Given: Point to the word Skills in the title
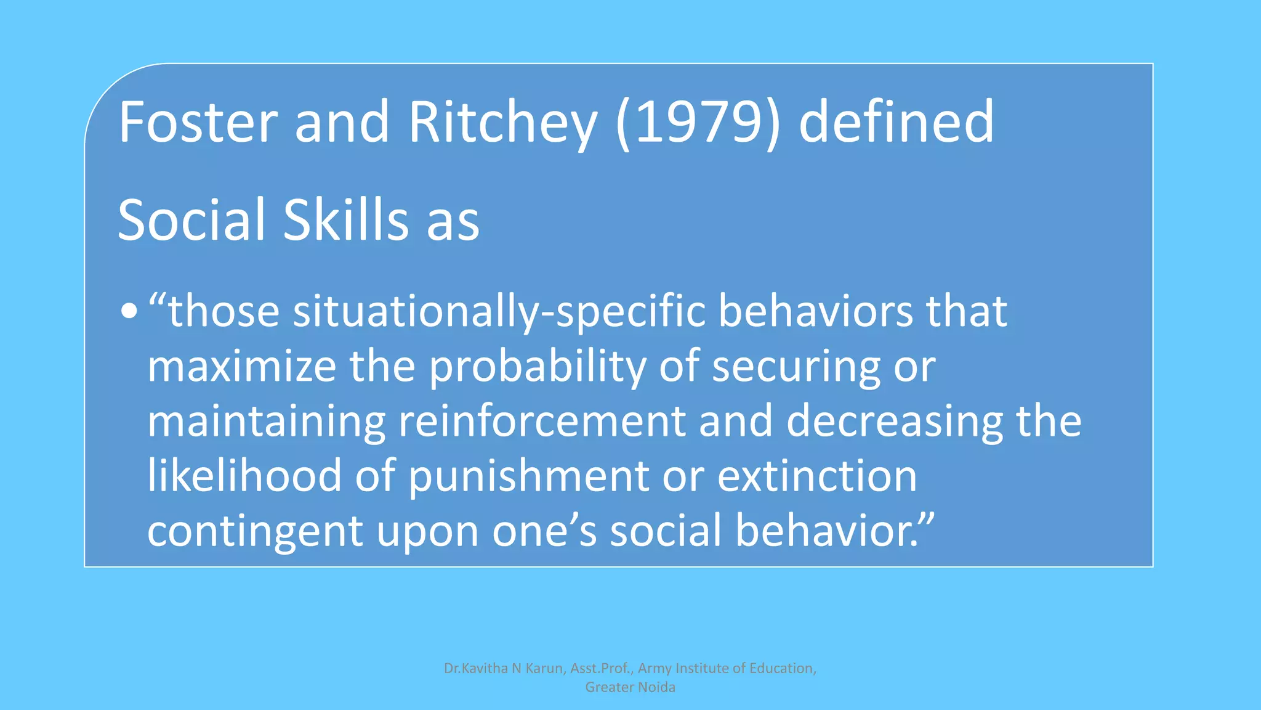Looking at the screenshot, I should point(346,220).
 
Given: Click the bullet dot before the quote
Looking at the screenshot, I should point(129,311).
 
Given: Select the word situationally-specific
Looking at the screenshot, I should point(499,312).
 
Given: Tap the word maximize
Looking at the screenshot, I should point(241,366).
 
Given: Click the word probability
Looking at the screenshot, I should point(537,367).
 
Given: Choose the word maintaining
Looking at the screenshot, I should point(266,422).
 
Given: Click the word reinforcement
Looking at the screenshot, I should point(542,422).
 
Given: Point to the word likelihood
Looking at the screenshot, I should point(244,476).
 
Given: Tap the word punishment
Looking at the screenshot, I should point(528,477).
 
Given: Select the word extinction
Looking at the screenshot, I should point(817,476).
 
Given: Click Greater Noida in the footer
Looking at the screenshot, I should point(630,687).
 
